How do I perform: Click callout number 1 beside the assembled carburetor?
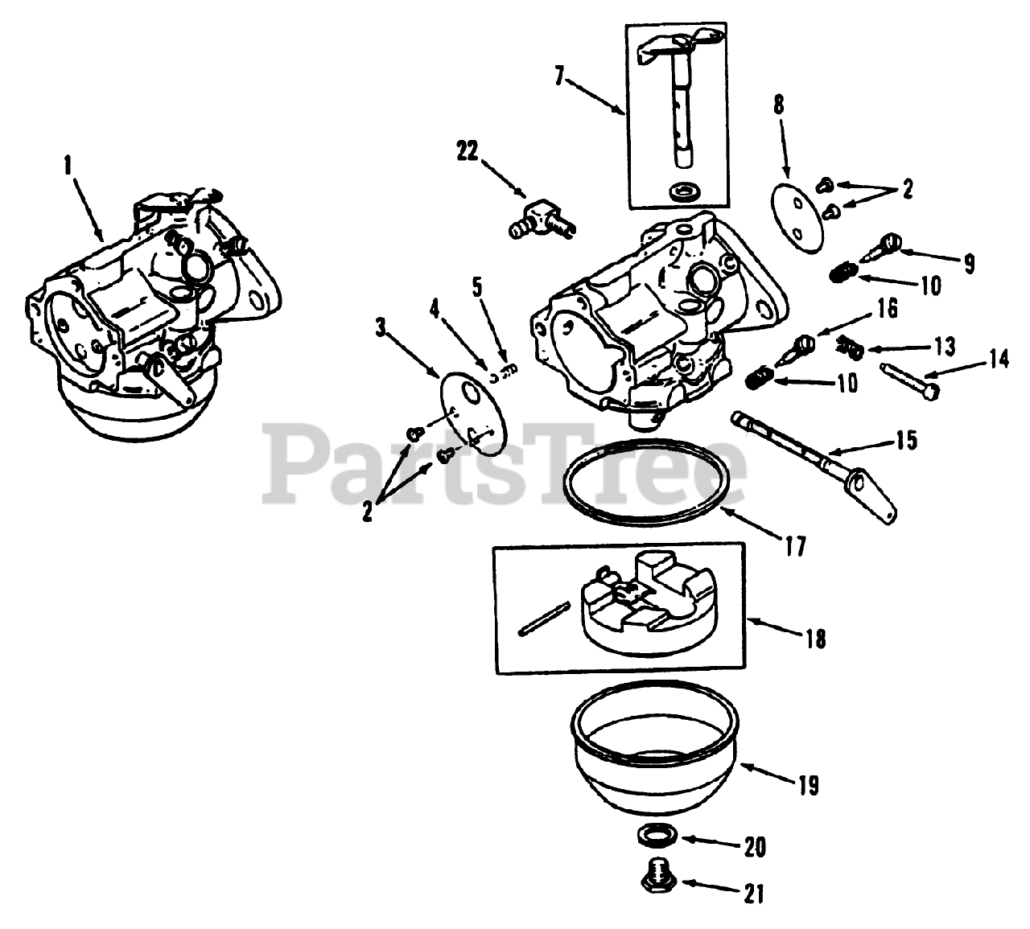(68, 166)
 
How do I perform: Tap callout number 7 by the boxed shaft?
(559, 77)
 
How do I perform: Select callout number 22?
(467, 150)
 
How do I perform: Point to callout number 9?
(969, 263)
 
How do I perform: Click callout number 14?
(998, 360)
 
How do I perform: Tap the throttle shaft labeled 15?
(813, 458)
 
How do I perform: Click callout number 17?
(795, 547)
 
